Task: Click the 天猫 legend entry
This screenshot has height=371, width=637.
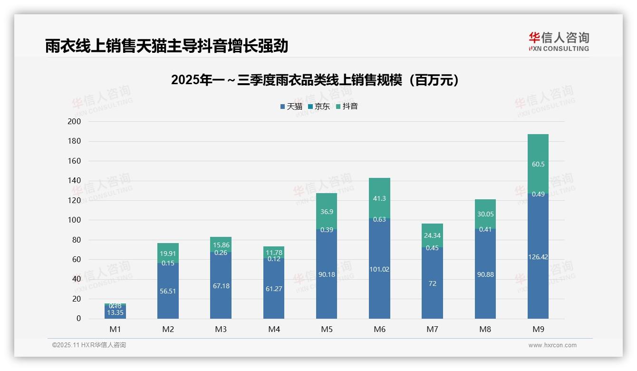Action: (291, 107)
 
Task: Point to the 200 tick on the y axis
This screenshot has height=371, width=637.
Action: (75, 122)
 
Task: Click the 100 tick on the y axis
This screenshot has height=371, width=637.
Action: (75, 220)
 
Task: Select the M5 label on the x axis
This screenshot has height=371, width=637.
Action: (327, 329)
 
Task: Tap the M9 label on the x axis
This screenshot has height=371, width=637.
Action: (538, 329)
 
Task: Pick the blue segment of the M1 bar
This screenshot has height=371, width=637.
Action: (115, 314)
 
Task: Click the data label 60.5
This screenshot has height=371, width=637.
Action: (538, 165)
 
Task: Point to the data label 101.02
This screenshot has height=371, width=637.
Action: (379, 269)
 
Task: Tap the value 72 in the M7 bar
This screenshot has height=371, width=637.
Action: (432, 283)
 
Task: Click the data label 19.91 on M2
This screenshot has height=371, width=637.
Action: (168, 254)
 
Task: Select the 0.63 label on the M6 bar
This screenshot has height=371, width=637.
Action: (379, 219)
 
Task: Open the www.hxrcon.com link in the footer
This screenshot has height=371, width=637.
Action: (552, 345)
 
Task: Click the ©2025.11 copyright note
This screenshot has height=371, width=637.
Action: (89, 345)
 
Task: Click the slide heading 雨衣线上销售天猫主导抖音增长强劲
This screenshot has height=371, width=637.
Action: (167, 46)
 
